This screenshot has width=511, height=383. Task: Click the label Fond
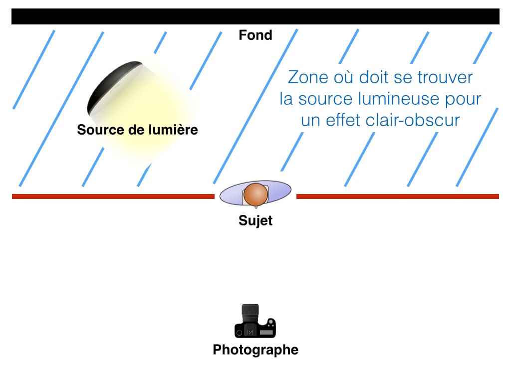[x=255, y=35]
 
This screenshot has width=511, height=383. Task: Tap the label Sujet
[x=255, y=220]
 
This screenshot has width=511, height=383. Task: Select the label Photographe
[x=255, y=350]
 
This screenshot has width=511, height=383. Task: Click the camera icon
[x=255, y=322]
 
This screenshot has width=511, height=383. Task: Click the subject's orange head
[x=255, y=195]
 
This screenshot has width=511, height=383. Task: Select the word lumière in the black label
[x=173, y=130]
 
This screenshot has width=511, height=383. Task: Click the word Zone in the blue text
[x=306, y=78]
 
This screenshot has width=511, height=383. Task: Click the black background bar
[x=255, y=16]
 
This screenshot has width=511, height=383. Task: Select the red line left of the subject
[x=113, y=196]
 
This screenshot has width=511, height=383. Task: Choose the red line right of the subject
[x=397, y=196]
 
